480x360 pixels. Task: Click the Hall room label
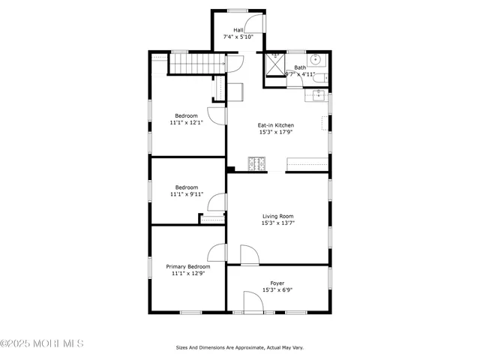click(x=238, y=30)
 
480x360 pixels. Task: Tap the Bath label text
click(x=300, y=67)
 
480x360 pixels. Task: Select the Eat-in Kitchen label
click(x=275, y=125)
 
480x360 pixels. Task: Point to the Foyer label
click(x=277, y=283)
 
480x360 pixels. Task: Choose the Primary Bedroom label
click(x=187, y=266)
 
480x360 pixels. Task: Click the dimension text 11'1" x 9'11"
click(x=187, y=194)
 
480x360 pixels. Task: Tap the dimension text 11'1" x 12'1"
click(x=187, y=122)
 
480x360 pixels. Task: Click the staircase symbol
click(x=196, y=65)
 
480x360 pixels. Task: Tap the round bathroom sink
click(x=316, y=59)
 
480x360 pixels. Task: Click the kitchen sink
click(x=319, y=95)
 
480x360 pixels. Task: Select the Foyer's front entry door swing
click(x=253, y=303)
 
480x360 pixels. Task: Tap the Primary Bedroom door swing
click(x=217, y=253)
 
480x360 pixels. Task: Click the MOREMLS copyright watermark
click(x=42, y=343)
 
